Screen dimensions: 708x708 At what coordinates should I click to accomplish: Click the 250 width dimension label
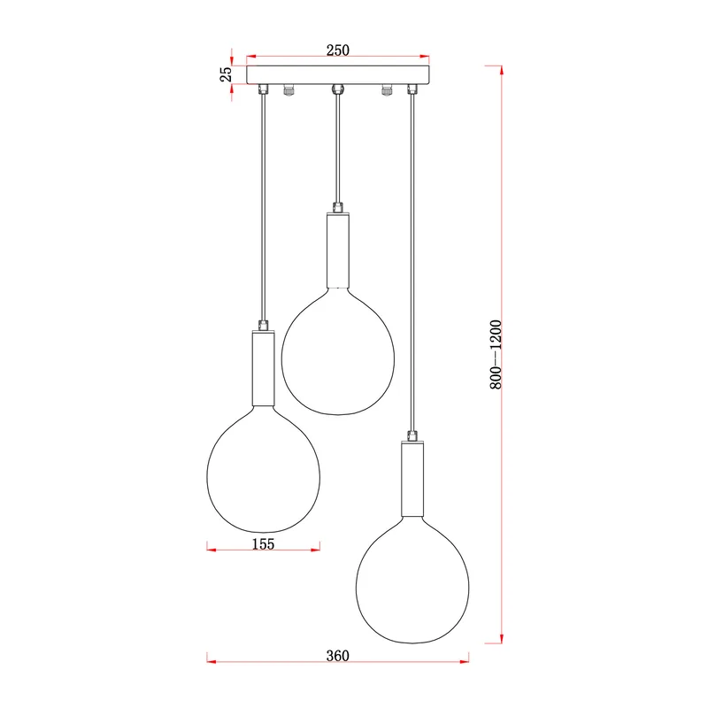(338, 50)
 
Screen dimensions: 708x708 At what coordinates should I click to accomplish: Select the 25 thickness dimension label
(226, 74)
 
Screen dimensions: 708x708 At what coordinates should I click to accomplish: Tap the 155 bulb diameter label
(263, 543)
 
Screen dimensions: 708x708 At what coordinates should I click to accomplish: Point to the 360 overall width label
(338, 655)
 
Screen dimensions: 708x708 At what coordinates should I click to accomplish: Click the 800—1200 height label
(496, 355)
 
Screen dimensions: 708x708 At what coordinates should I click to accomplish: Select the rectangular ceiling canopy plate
(338, 75)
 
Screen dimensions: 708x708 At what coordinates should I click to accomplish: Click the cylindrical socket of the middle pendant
(338, 250)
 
